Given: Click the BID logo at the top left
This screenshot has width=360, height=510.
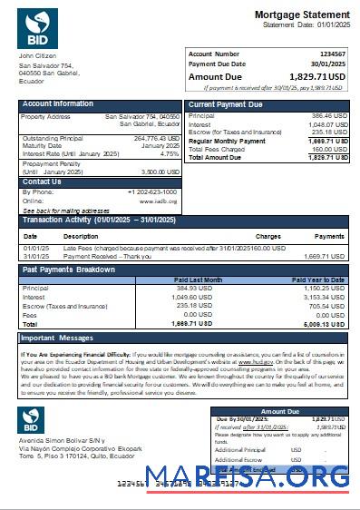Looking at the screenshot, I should click(x=37, y=30).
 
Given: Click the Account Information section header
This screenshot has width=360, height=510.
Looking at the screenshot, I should click(x=58, y=104).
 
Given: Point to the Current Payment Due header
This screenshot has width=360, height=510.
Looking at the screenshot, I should click(x=225, y=105).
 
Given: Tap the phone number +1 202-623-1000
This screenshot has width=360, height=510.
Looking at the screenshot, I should click(x=152, y=192).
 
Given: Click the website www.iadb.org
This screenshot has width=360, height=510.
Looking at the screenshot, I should click(x=158, y=201).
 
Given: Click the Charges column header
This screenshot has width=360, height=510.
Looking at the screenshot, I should click(x=268, y=236).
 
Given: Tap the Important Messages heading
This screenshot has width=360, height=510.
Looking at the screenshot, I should click(x=62, y=338).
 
